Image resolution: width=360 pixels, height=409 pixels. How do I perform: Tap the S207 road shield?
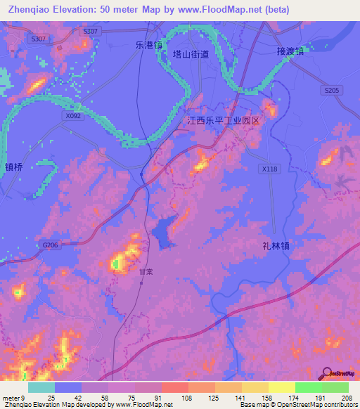tap(90, 32)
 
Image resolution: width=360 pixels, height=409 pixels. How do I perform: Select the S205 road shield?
tap(332, 91)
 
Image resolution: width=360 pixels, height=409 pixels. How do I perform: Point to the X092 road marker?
tap(73, 115)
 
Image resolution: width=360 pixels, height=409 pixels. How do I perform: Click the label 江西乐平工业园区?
tap(223, 121)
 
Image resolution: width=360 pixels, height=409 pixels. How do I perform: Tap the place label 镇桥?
tap(14, 167)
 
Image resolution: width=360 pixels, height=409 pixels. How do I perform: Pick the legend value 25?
tap(51, 398)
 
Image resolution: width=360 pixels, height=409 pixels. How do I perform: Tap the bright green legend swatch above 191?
tap(308, 387)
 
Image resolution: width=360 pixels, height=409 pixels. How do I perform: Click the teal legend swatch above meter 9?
tap(41, 387)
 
